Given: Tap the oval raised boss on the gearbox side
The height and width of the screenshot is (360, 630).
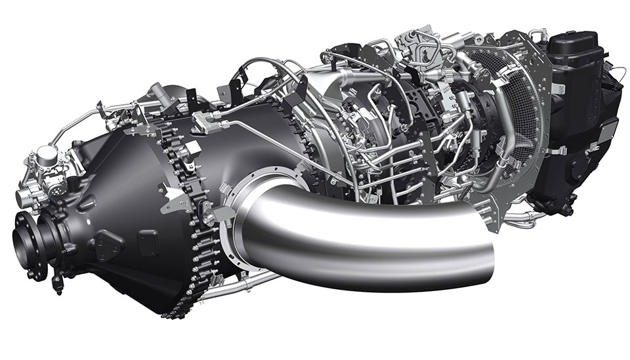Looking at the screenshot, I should [109, 247].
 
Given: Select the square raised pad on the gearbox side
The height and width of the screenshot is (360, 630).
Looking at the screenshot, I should [147, 239].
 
